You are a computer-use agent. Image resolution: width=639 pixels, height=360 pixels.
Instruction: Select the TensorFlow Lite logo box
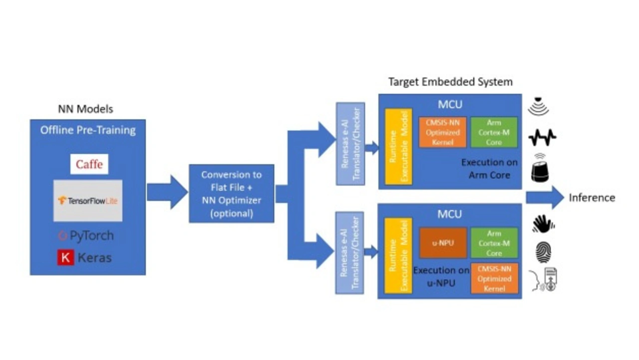88,200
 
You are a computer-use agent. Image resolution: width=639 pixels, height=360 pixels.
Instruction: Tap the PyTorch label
86,236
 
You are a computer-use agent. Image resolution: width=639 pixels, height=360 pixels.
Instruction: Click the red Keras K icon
65,258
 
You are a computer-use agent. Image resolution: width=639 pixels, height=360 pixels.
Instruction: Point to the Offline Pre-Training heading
88,130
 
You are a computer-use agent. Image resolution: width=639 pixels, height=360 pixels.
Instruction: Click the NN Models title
85,109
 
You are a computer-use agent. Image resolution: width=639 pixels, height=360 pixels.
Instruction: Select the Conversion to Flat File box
231,194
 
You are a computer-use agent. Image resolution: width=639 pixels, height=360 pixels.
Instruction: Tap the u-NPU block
443,243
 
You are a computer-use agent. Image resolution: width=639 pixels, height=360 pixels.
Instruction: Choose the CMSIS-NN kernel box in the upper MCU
443,132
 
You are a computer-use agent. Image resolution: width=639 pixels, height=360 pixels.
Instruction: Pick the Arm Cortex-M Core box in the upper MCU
494,132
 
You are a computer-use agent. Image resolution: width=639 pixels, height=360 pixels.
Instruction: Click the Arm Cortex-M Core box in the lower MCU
494,243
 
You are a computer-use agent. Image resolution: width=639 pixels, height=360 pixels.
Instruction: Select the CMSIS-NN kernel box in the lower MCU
494,279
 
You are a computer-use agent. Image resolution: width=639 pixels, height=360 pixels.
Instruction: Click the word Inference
592,198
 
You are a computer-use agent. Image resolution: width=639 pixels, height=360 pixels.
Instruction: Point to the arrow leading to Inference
544,197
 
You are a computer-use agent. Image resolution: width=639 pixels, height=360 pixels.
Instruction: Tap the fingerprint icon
543,252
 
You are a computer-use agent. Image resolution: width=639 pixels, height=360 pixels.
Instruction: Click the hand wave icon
543,224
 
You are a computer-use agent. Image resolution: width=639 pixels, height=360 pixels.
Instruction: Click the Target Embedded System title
450,82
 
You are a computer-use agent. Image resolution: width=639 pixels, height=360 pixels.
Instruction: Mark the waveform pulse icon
542,137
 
